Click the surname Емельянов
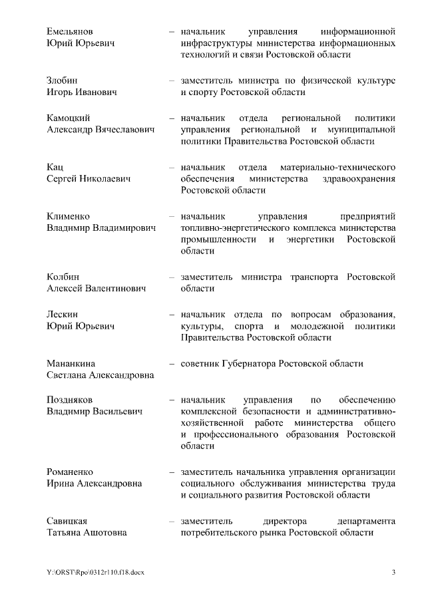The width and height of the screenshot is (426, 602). pyautogui.click(x=70, y=31)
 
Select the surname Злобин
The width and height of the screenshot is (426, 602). pyautogui.click(x=63, y=80)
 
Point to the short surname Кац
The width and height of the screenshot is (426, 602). pyautogui.click(x=55, y=167)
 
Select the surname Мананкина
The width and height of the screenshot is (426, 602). pyautogui.click(x=71, y=364)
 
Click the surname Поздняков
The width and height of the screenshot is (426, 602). pyautogui.click(x=70, y=400)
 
